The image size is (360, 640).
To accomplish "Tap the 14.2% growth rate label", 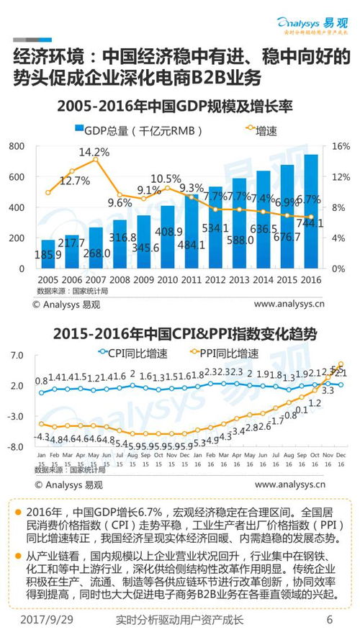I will pos(94,152).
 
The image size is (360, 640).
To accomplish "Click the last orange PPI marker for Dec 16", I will pos(341,364).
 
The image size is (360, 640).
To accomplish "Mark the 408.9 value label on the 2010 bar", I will pos(168,232).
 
